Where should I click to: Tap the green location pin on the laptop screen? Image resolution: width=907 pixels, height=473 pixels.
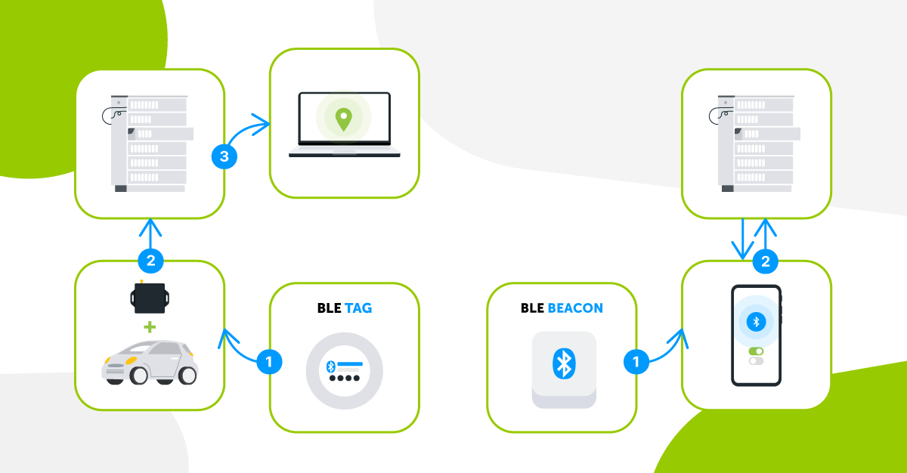(x=344, y=119)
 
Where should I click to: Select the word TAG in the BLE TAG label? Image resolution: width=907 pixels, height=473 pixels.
(x=358, y=308)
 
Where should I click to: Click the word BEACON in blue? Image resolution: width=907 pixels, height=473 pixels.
(x=576, y=308)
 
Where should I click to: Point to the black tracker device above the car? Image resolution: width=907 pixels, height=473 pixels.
(x=150, y=298)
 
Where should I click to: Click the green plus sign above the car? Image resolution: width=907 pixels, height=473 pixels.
(x=149, y=327)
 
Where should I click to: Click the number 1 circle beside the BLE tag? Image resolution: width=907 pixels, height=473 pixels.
(x=269, y=362)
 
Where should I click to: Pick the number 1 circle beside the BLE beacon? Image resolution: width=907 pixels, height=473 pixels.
(x=636, y=362)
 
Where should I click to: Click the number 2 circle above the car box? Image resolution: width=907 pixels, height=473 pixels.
(x=150, y=261)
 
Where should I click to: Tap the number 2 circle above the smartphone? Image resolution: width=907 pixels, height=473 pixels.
(x=766, y=261)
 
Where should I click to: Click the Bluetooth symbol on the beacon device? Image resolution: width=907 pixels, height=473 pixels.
(x=563, y=363)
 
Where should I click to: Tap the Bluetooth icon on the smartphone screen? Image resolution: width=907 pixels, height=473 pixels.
(x=755, y=321)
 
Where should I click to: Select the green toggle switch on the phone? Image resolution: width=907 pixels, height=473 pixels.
(x=756, y=351)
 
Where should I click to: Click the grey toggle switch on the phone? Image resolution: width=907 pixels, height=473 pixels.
(x=756, y=361)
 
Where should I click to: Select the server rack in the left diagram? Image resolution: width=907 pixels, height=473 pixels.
(x=149, y=143)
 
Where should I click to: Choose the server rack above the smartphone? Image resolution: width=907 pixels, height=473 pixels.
(x=756, y=143)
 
